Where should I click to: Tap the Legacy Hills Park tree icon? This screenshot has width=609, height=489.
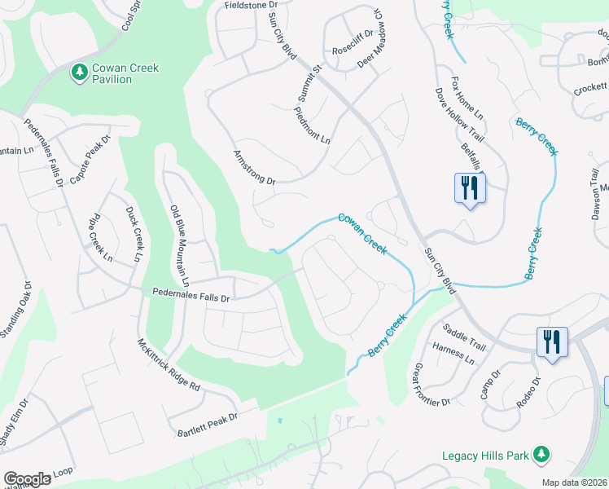(x=541, y=455)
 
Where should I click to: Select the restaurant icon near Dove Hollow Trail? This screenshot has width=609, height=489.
(x=469, y=189)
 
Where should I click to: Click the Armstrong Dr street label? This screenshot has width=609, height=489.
(x=255, y=167)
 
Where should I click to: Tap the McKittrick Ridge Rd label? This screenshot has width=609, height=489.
(x=169, y=366)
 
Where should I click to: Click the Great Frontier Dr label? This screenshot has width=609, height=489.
(x=432, y=385)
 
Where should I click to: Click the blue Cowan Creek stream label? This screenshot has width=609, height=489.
(x=362, y=232)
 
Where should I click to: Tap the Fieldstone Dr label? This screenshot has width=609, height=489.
(x=252, y=5)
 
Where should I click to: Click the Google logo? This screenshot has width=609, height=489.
(x=28, y=479)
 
